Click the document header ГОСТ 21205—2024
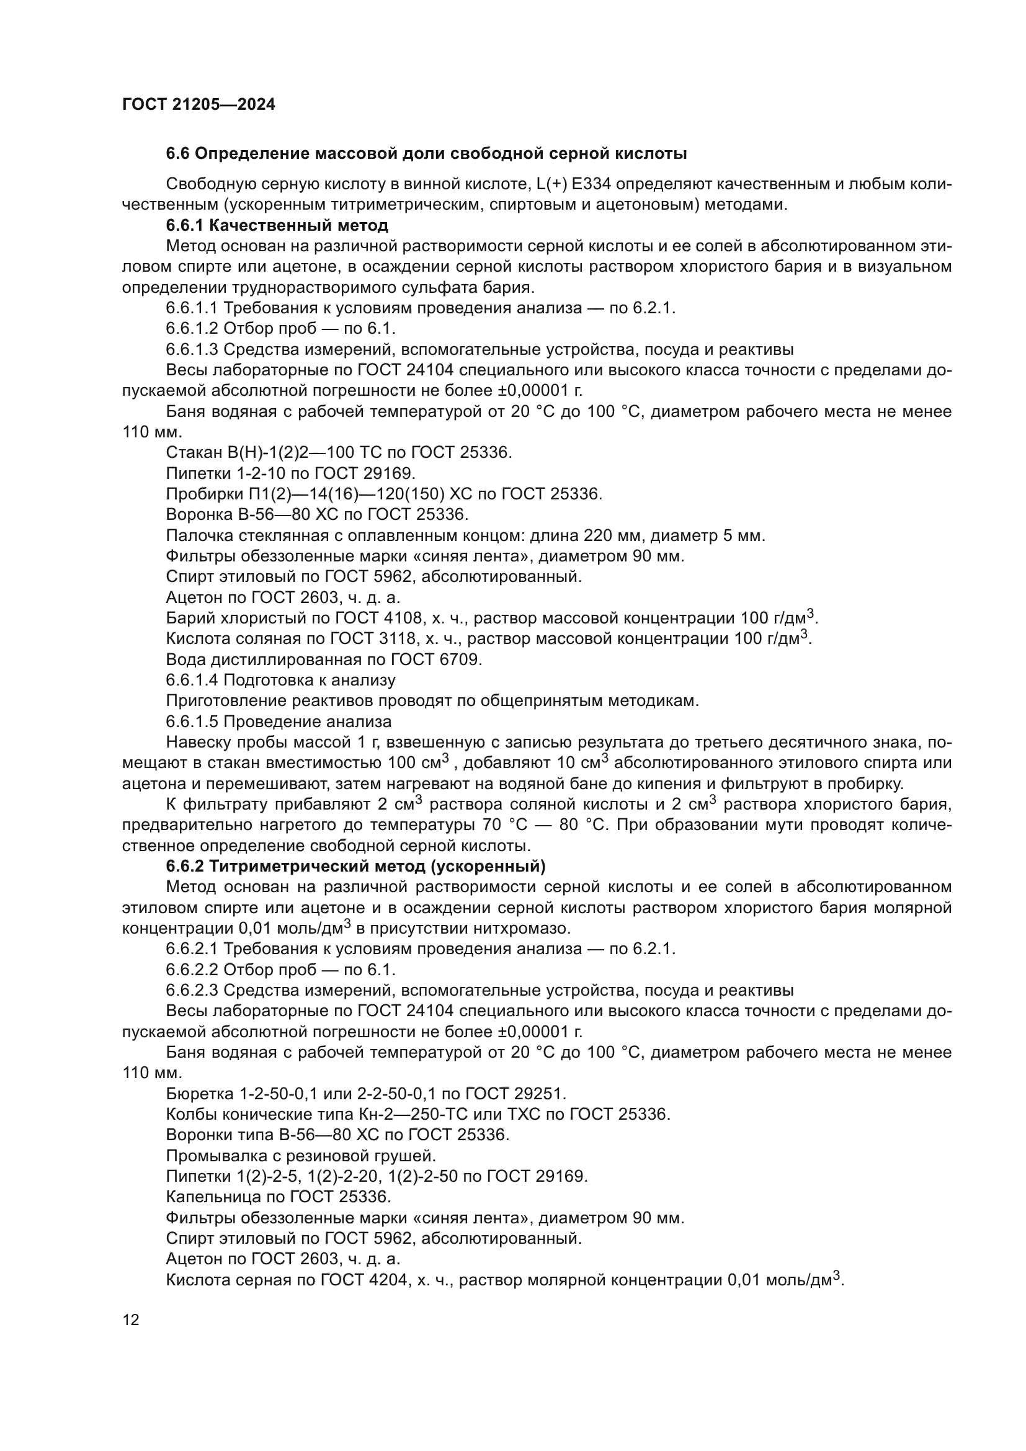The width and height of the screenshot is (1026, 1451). click(199, 105)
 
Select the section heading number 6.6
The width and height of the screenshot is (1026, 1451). click(178, 154)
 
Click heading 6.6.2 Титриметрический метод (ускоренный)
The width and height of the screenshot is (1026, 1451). click(355, 866)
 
